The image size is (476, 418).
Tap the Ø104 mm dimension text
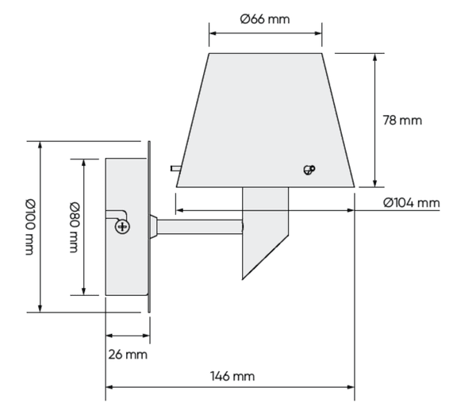coord(410,203)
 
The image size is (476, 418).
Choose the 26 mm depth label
coord(128,354)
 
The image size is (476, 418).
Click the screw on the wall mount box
coord(123,227)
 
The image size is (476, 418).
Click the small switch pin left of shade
coord(174,168)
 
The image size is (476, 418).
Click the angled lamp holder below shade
coord(265,230)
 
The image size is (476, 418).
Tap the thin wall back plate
coord(148,227)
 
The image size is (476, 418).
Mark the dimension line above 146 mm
coord(230,387)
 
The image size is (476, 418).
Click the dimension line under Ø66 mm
coord(265,34)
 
